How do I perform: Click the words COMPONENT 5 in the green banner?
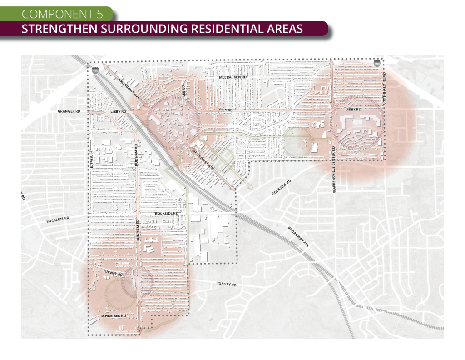click(62, 13)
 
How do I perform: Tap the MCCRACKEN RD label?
click(232, 77)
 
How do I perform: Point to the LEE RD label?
click(184, 89)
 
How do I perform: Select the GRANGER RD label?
click(69, 111)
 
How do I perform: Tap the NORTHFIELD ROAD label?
click(384, 89)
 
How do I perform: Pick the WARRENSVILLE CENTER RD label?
click(334, 169)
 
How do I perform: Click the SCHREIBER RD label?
click(113, 315)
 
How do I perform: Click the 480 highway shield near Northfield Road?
click(377, 64)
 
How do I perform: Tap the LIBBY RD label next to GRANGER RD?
click(118, 111)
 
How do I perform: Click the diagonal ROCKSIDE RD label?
click(281, 187)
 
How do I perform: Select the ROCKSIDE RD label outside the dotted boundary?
click(58, 220)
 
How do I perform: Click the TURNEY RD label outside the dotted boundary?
click(226, 285)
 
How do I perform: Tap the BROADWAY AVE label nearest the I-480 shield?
click(129, 87)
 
